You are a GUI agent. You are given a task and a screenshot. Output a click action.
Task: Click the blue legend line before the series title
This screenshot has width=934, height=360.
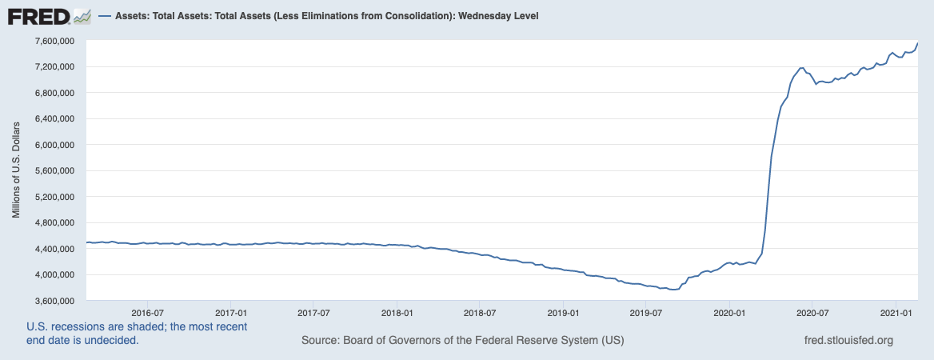tap(104, 16)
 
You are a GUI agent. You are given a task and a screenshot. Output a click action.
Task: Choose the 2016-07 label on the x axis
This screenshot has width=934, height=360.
tap(146, 312)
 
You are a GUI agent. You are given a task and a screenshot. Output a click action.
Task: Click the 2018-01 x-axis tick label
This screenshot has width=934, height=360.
tap(397, 312)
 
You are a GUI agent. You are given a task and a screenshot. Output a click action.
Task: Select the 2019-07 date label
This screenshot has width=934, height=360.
tap(647, 312)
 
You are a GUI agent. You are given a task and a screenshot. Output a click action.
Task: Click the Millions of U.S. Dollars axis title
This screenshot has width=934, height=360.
tap(15, 170)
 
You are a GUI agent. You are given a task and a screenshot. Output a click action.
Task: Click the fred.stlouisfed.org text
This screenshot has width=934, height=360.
tap(848, 341)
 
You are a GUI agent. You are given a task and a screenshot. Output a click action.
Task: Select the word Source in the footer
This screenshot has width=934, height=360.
tap(320, 341)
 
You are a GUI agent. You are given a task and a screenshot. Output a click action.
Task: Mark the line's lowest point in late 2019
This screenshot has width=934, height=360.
tap(673, 290)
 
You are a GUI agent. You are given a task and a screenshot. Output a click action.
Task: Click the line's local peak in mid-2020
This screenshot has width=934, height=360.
tap(801, 68)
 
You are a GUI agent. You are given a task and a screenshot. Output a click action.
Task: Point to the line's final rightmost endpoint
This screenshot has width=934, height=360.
tap(917, 42)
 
